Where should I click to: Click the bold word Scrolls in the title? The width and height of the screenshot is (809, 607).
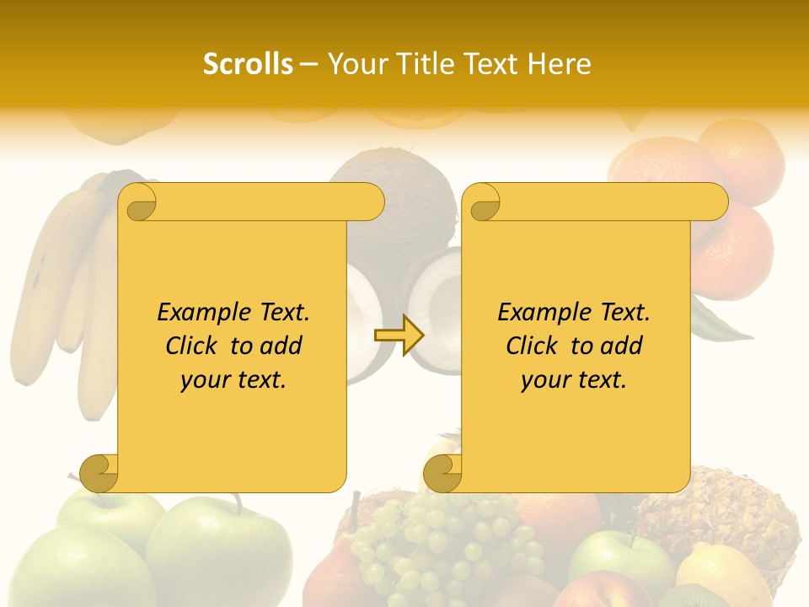248,64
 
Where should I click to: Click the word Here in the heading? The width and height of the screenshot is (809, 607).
559,64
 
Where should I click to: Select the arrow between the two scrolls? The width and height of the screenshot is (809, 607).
399,335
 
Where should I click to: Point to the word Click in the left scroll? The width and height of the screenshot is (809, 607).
194,346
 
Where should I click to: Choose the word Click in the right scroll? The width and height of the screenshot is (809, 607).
534,346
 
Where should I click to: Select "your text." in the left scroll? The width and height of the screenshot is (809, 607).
233,380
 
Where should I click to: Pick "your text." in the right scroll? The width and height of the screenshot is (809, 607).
574,380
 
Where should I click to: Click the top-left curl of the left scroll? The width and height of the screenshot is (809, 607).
137,203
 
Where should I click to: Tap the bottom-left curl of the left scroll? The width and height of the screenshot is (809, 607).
99,472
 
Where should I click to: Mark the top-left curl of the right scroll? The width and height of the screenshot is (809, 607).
482,203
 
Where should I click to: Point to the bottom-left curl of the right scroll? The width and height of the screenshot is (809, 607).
442,472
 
